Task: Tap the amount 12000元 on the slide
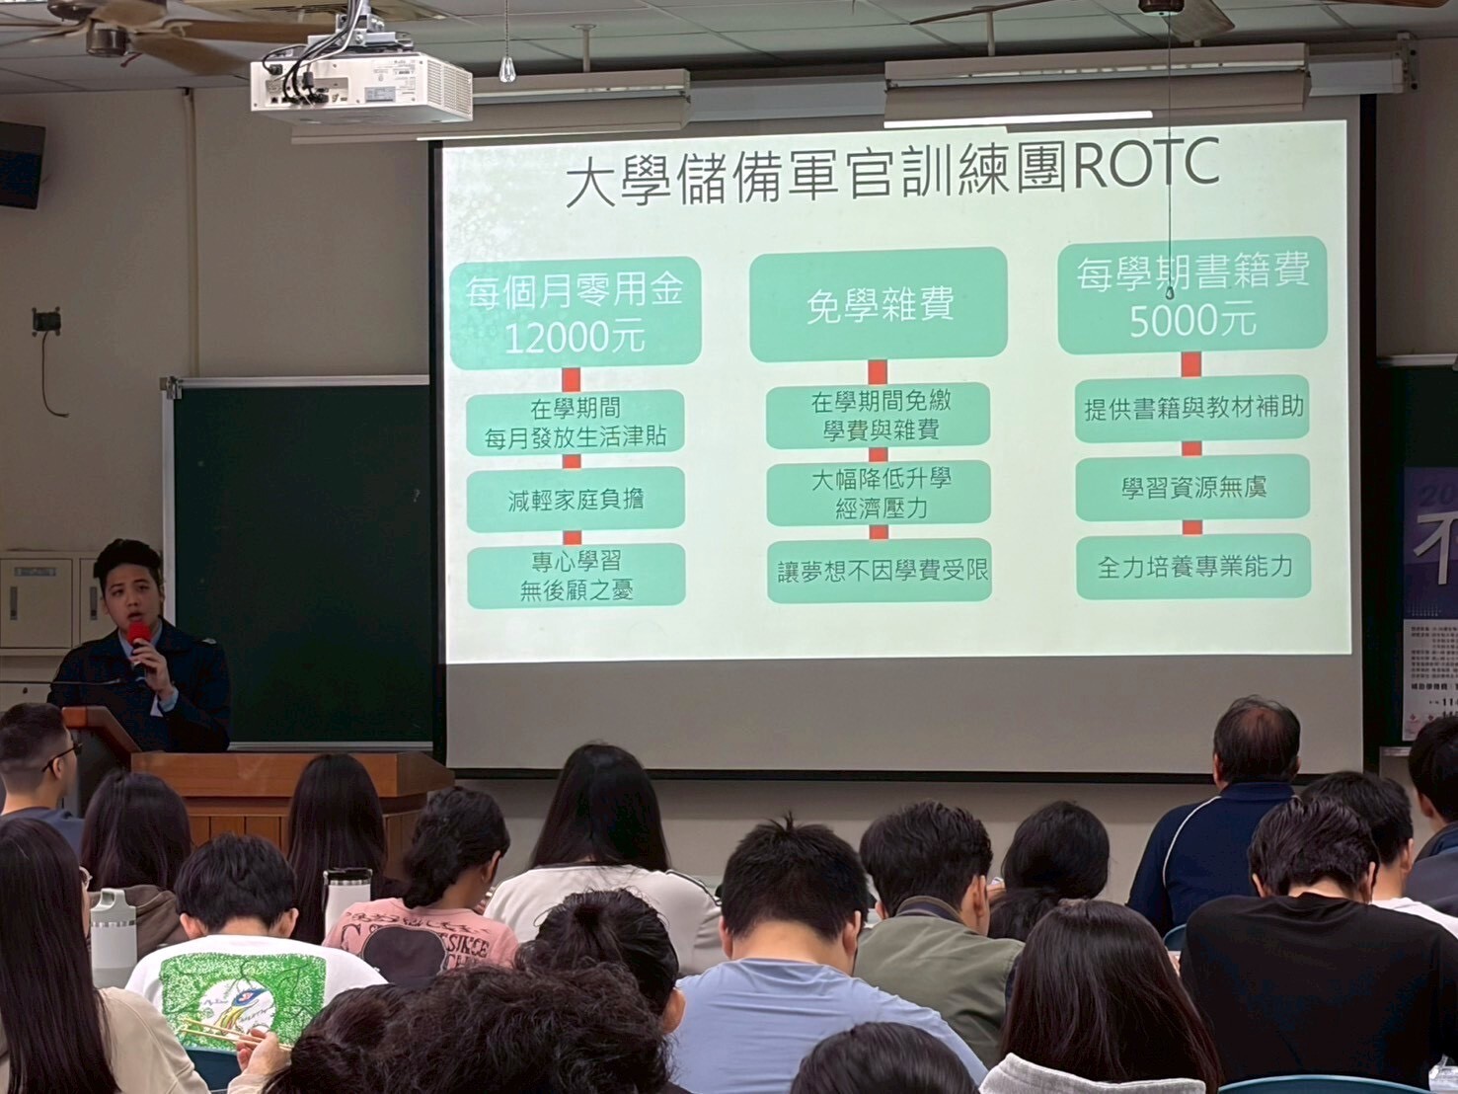[574, 338]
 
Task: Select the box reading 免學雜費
[878, 305]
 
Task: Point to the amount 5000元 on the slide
[1191, 321]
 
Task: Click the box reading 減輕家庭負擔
[575, 500]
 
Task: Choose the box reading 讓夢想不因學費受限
[880, 571]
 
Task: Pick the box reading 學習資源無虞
[1192, 488]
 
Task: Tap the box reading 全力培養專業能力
[1193, 567]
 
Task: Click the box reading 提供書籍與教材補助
[1192, 408]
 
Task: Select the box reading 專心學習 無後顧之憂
[576, 576]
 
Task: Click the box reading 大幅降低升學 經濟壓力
[879, 493]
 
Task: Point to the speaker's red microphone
[139, 639]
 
